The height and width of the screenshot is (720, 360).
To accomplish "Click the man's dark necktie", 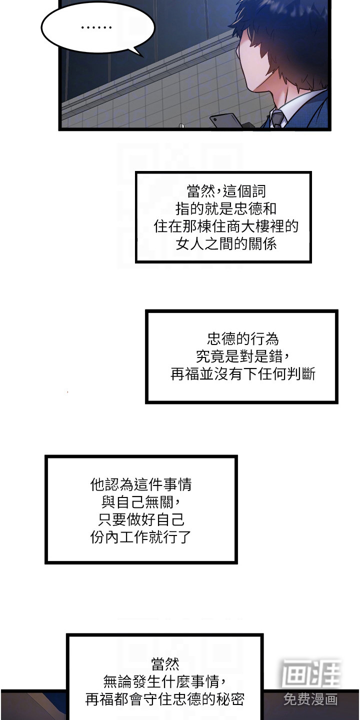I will click(277, 119).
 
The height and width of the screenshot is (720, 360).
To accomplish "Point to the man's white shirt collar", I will click(295, 107).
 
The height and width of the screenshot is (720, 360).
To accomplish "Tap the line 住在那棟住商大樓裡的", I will click(226, 226).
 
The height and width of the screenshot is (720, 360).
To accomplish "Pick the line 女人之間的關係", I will click(226, 244).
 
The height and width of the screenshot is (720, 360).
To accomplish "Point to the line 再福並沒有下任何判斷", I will click(243, 374).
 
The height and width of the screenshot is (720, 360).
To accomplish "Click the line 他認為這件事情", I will click(141, 484).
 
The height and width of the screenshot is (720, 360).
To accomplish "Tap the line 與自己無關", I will click(141, 501).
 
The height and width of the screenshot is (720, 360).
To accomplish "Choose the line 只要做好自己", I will click(141, 519).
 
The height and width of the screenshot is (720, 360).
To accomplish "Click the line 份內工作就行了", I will click(141, 537).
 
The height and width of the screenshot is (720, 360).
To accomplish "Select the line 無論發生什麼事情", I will click(165, 681).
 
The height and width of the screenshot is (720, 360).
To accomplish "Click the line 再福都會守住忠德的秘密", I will click(165, 699).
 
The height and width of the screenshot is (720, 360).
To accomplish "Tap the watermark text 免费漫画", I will click(310, 698).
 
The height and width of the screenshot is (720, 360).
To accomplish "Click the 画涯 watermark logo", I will click(310, 673).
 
